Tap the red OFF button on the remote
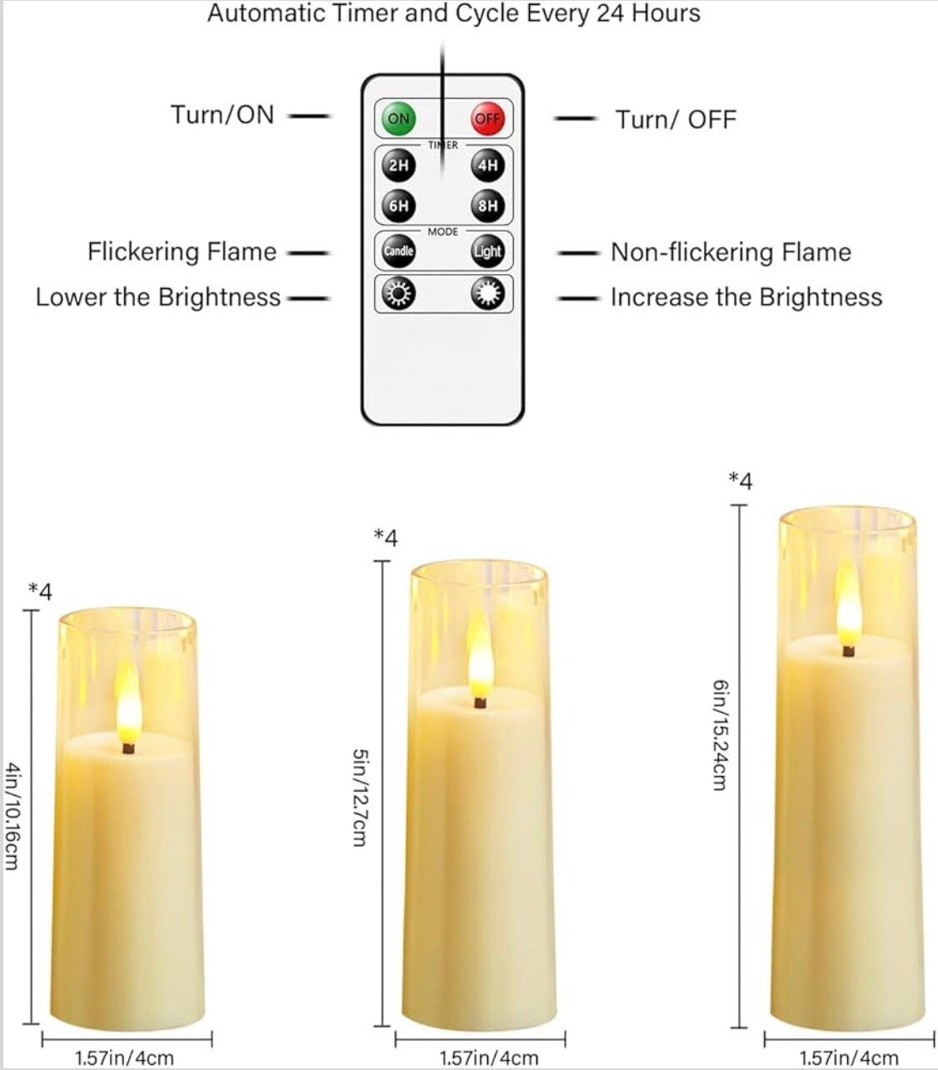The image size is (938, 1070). tap(487, 118)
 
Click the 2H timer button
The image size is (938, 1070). tap(398, 166)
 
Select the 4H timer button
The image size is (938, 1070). tap(487, 166)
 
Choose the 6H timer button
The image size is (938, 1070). tap(398, 205)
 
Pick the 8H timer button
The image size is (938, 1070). tap(487, 205)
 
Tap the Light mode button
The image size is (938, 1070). tap(487, 251)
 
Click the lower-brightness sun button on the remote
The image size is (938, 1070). tap(398, 294)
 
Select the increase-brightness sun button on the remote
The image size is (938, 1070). tap(487, 294)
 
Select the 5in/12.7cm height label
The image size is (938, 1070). tap(360, 798)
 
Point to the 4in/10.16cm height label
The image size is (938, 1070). tap(12, 815)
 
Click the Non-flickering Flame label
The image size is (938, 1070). tap(731, 252)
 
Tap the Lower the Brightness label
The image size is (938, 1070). tap(158, 297)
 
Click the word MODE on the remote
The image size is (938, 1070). tap(443, 231)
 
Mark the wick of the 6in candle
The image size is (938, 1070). tap(848, 650)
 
